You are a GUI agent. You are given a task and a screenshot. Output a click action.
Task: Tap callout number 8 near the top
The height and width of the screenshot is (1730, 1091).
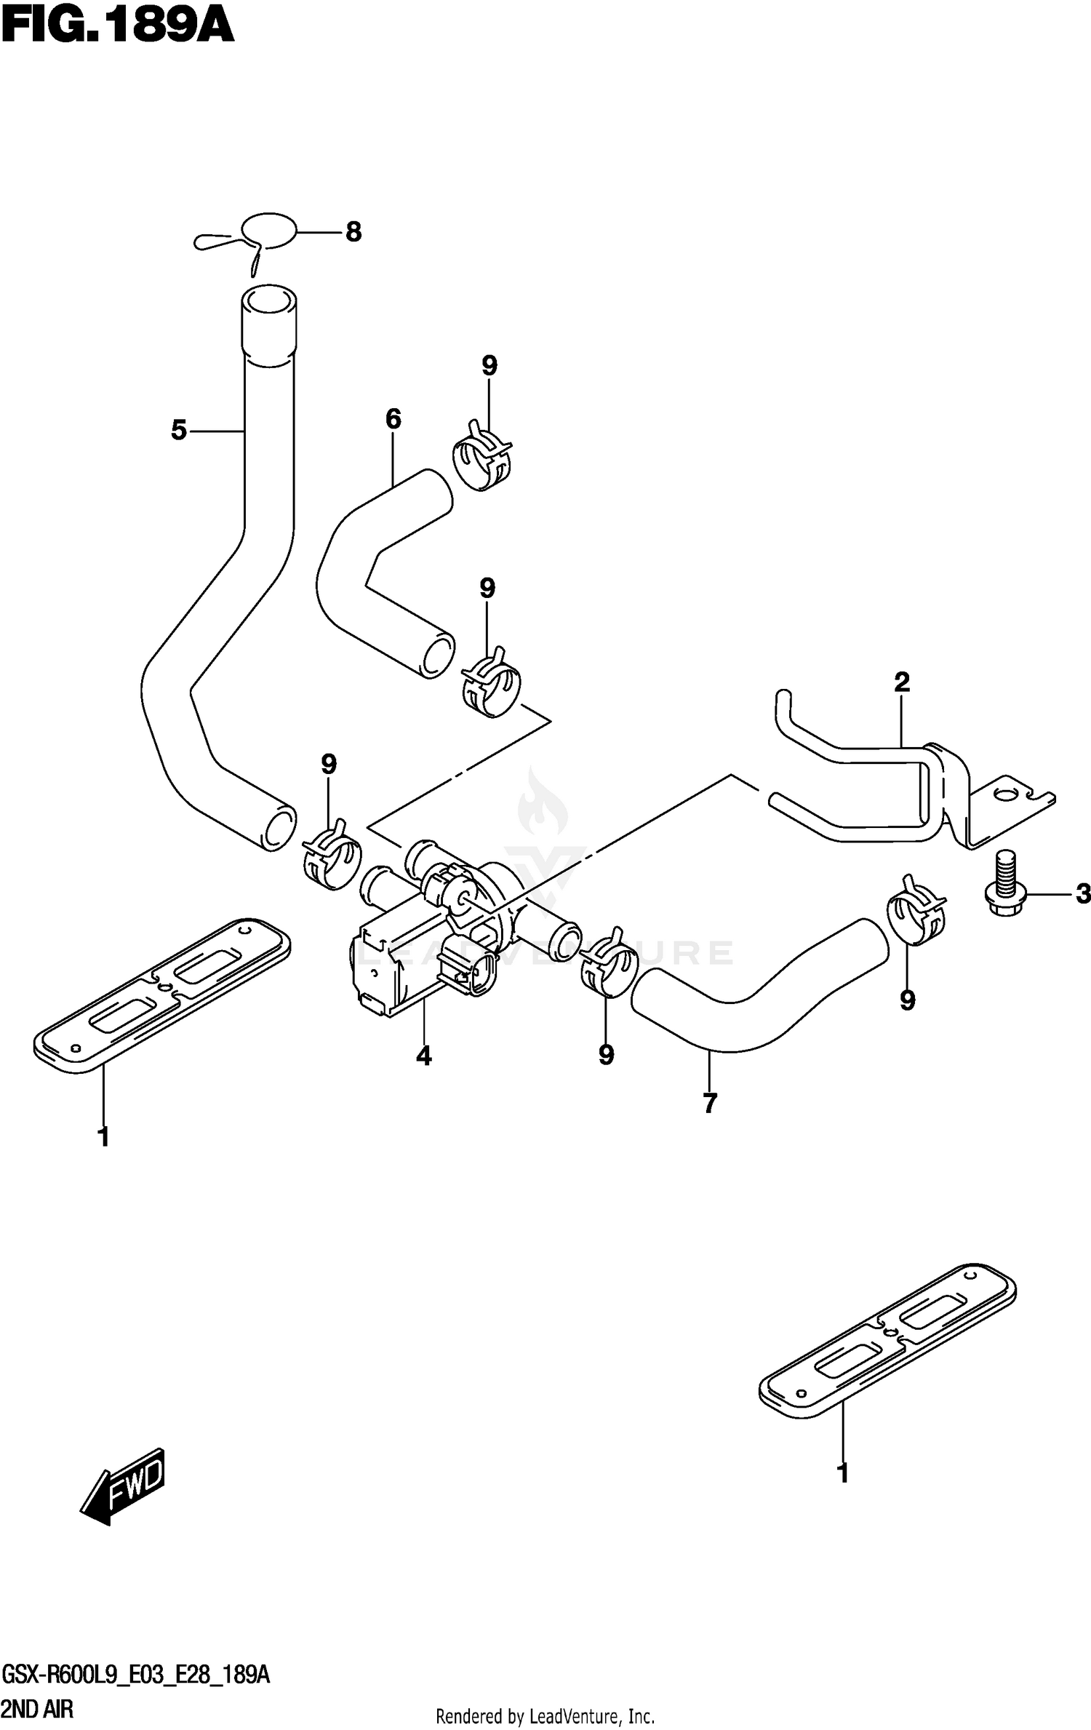point(353,232)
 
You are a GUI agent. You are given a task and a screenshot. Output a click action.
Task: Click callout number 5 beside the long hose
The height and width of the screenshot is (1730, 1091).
point(179,431)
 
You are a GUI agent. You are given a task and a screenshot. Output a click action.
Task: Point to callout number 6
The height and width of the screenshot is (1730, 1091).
point(393,419)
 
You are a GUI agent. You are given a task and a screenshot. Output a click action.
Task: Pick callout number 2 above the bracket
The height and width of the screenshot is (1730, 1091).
point(902,682)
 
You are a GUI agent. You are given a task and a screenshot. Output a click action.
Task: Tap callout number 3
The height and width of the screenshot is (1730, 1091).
point(1083,893)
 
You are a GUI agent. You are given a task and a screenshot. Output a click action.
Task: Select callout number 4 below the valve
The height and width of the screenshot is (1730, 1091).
point(424,1056)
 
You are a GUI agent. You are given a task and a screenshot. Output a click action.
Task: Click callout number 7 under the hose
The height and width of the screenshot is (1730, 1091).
point(711,1104)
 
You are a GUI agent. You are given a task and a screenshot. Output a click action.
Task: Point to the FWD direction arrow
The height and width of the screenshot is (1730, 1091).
point(123,1486)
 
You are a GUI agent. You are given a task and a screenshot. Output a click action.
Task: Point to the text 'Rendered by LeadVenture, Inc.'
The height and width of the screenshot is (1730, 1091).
point(545,1718)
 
